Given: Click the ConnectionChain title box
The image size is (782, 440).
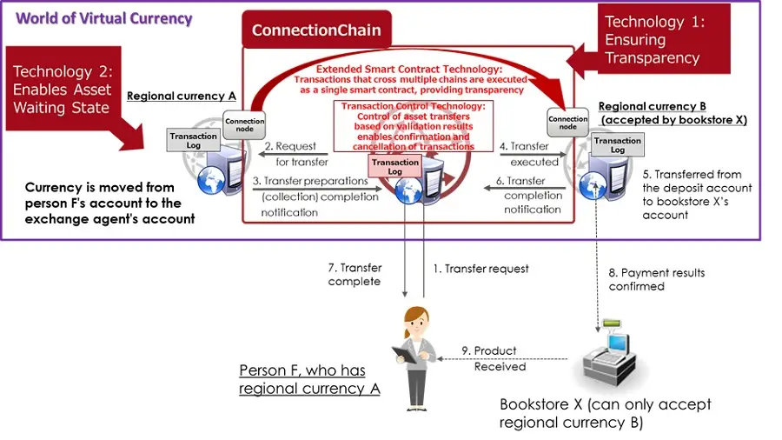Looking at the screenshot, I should click(x=316, y=30).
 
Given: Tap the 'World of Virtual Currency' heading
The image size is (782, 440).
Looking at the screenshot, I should click(x=104, y=17).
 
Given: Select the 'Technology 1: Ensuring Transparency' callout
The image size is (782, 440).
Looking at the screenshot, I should click(x=665, y=39).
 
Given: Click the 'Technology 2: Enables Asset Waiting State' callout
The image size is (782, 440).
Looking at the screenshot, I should click(x=63, y=90).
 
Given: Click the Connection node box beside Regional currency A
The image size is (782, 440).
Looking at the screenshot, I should click(x=243, y=123).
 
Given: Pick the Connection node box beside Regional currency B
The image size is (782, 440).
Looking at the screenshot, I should click(x=567, y=123).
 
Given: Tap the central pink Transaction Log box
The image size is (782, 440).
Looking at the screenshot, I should click(x=396, y=167).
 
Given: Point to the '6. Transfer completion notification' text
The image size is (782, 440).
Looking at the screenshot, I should click(x=532, y=195).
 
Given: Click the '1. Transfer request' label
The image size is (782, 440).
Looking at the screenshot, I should click(x=480, y=269).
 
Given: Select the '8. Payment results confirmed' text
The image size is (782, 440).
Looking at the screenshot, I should click(x=657, y=279).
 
